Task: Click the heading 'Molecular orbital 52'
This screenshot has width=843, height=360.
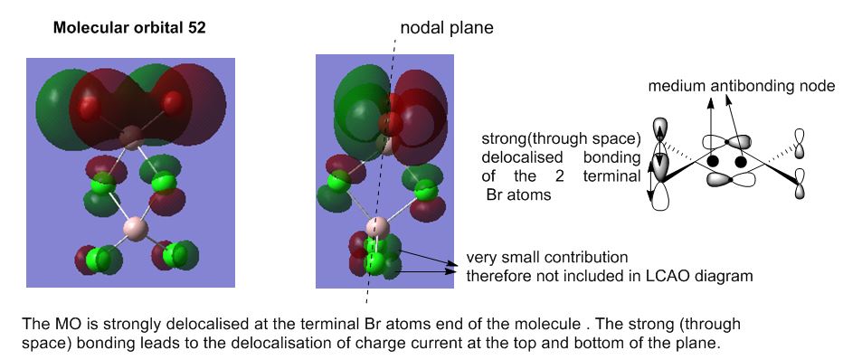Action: (x=129, y=28)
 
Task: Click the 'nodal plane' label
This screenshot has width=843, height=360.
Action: (x=447, y=28)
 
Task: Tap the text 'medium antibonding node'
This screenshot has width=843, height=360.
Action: (x=742, y=86)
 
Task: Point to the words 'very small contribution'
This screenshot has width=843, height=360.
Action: (x=546, y=258)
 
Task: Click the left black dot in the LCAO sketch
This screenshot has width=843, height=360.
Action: (x=713, y=161)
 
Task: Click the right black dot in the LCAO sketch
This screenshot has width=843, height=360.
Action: (x=741, y=162)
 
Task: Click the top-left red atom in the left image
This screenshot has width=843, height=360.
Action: (x=89, y=108)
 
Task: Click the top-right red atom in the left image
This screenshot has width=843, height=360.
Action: (x=173, y=102)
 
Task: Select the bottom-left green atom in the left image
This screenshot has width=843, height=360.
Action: (x=99, y=259)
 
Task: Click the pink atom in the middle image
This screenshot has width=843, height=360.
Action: (x=378, y=228)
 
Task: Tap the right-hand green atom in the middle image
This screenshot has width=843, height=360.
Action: (x=426, y=189)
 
